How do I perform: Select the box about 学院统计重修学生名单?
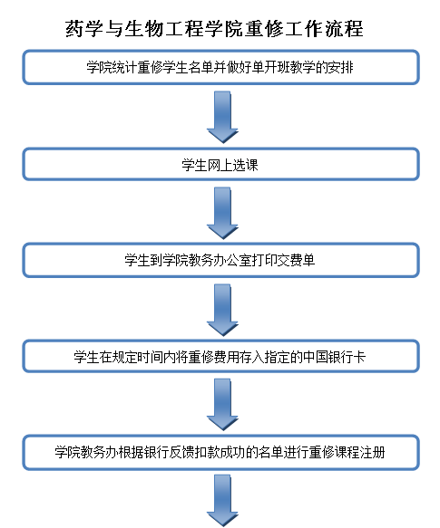220,67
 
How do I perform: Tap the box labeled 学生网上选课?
220,165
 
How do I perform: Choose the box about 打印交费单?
220,261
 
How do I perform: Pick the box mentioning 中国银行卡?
220,357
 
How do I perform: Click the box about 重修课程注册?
220,452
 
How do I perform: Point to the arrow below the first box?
220,116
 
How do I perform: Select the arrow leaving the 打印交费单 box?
220,309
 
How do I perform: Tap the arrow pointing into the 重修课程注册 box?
220,405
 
